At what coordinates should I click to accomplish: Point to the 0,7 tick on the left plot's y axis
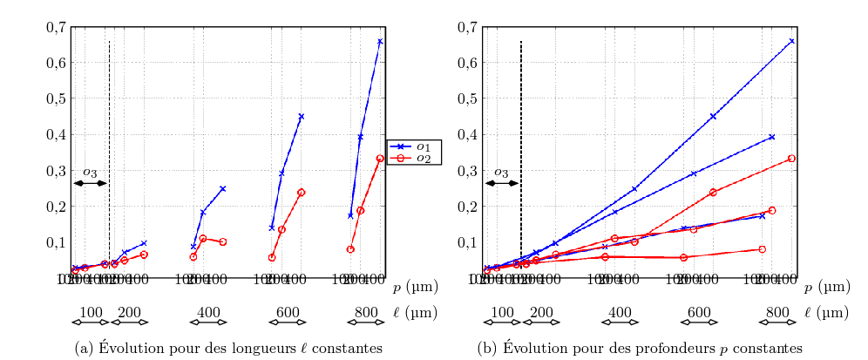coord(55,27)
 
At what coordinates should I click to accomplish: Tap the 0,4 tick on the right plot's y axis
coord(467,134)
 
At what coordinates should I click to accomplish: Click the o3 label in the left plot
coord(90,173)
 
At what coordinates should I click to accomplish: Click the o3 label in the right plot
coord(501,173)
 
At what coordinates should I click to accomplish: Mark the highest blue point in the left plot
coord(380,41)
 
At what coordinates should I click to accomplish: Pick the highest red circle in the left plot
coord(380,159)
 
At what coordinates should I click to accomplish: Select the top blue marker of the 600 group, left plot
coord(302,116)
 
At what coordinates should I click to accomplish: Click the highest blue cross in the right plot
coord(791,41)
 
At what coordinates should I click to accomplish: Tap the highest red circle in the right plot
coord(791,159)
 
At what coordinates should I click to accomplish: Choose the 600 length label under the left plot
coord(288,312)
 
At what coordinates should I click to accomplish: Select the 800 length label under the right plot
coord(777,312)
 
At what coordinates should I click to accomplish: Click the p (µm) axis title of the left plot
coord(415,287)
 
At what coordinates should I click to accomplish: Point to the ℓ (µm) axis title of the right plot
coord(826,312)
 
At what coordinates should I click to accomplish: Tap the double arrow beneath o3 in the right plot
coord(502,183)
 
